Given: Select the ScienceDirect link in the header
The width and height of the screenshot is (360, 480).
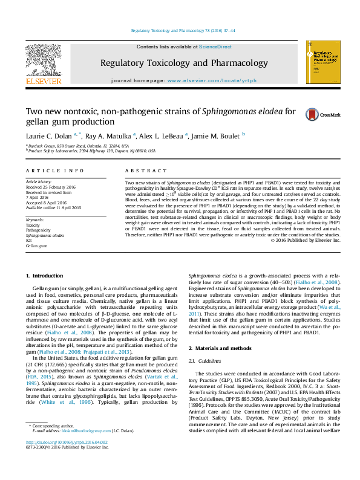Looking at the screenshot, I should [215, 47].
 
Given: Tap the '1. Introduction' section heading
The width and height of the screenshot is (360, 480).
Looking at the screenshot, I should [44, 276].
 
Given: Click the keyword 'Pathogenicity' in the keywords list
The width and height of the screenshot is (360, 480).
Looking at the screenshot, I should [38, 230].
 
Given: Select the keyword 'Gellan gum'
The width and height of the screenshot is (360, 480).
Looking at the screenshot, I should [36, 246].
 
